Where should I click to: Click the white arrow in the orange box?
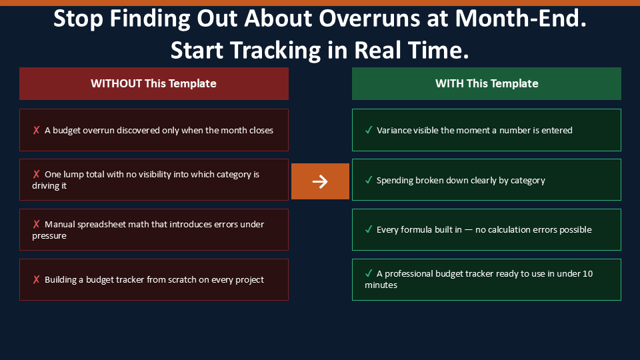tap(320, 181)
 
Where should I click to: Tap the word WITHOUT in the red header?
tap(116, 83)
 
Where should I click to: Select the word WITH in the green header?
tap(449, 83)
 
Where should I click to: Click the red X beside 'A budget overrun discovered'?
tap(36, 130)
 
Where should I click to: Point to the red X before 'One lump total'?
tap(36, 174)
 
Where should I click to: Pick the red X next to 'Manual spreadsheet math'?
tap(36, 224)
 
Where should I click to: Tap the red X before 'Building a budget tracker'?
tap(36, 279)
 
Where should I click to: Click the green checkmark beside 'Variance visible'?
tap(369, 130)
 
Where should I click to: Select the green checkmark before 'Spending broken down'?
tap(369, 180)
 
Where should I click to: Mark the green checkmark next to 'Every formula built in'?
tap(369, 229)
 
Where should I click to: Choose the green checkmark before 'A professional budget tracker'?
tap(369, 273)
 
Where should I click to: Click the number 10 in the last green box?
tap(587, 273)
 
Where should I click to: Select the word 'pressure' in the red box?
tap(49, 236)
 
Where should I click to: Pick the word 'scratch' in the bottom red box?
tap(181, 279)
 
